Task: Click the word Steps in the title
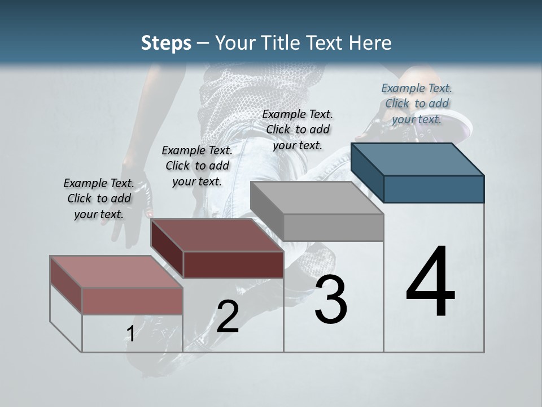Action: [x=166, y=43]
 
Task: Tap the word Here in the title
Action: [x=370, y=43]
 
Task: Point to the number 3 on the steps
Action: [x=330, y=300]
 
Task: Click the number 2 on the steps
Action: [x=228, y=317]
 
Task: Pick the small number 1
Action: [x=130, y=334]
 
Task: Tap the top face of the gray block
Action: [x=317, y=198]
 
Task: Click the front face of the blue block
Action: [x=434, y=189]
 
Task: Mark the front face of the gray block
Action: [x=333, y=227]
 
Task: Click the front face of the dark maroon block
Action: [x=233, y=265]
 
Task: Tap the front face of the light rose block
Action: [x=132, y=301]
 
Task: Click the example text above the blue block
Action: [x=417, y=103]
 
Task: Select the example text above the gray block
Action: [x=298, y=129]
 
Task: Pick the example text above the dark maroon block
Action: [x=197, y=166]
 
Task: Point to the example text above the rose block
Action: [x=99, y=198]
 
